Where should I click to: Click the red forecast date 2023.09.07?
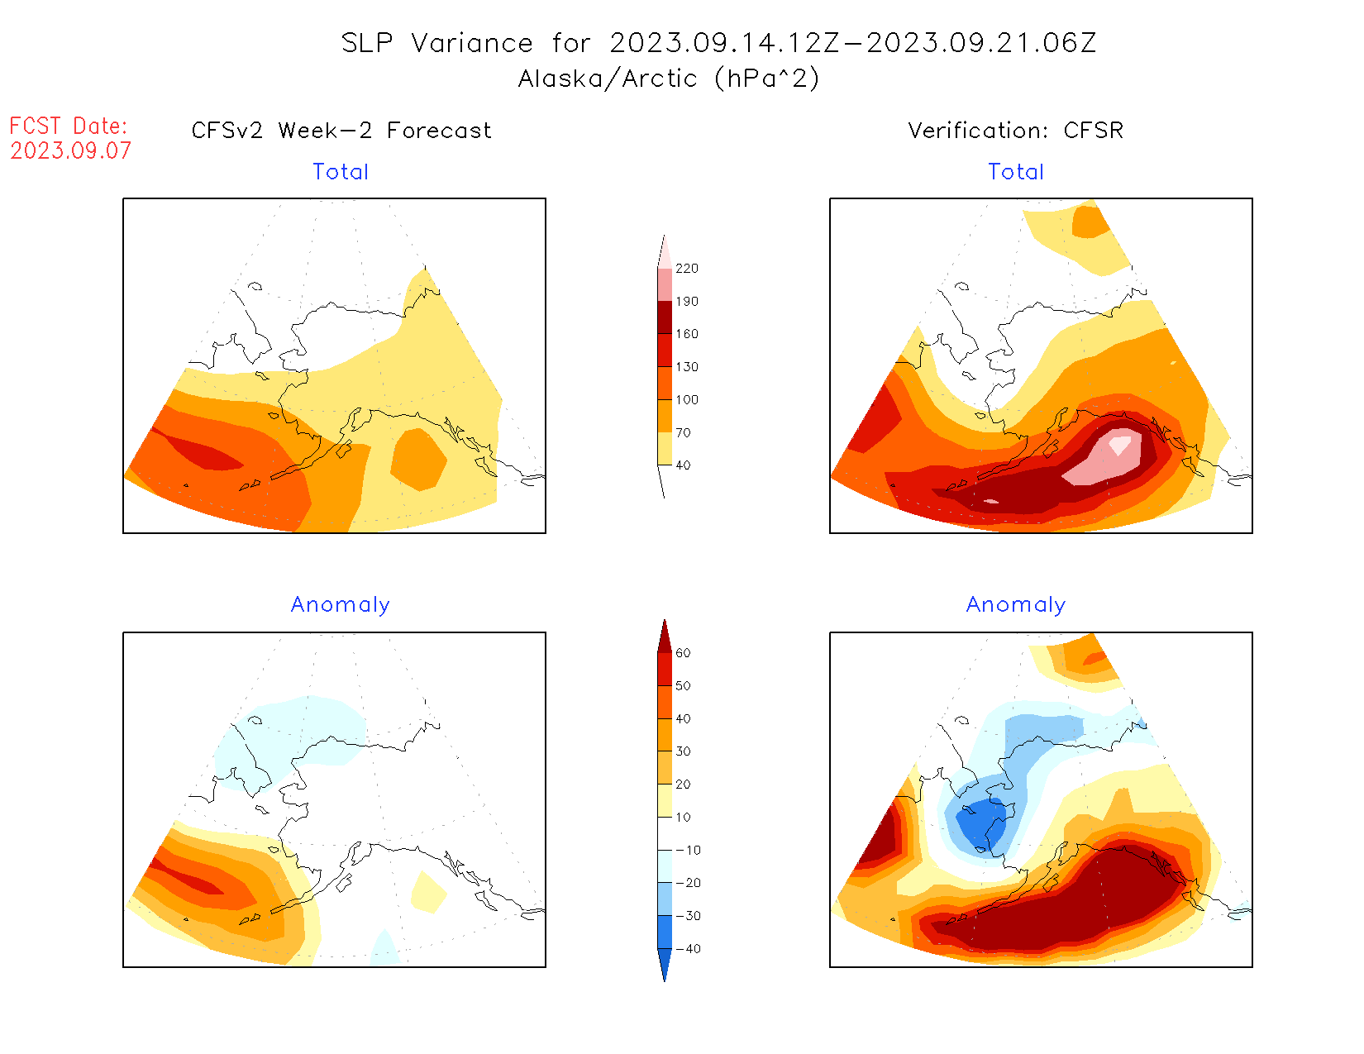[70, 151]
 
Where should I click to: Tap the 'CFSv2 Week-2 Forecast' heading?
[341, 131]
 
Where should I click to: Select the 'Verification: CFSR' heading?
[1015, 131]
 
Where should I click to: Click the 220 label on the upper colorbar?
[686, 269]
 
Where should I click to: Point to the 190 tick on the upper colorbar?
[686, 302]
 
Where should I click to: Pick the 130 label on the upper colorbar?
[686, 367]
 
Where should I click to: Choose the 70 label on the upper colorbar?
[683, 432]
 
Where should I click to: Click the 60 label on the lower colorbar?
[683, 653]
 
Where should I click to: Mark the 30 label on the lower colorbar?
[683, 751]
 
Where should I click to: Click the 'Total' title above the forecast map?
[341, 172]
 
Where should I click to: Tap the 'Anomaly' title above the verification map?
[1016, 605]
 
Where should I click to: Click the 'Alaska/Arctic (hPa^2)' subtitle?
[669, 79]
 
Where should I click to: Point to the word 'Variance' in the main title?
[472, 43]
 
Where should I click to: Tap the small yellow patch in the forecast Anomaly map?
[428, 893]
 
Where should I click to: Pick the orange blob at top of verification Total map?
[1090, 222]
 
